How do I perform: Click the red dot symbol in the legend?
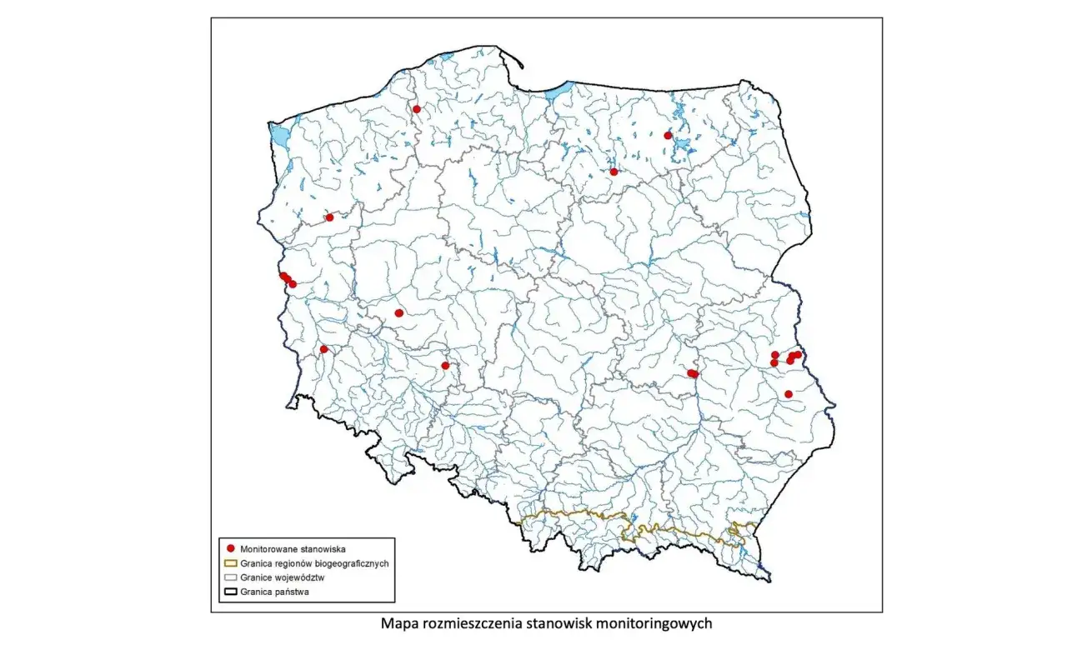(228, 549)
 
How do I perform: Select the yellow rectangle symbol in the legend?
(228, 563)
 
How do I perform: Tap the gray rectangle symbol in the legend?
(228, 577)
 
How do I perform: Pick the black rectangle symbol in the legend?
(228, 592)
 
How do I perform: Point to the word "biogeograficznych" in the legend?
(348, 563)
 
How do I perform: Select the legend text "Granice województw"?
(281, 577)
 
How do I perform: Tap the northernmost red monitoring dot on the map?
(417, 109)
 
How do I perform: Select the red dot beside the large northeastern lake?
(668, 135)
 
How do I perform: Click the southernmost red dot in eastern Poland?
(789, 394)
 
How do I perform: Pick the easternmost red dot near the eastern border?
(798, 354)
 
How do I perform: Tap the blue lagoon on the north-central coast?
(559, 88)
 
